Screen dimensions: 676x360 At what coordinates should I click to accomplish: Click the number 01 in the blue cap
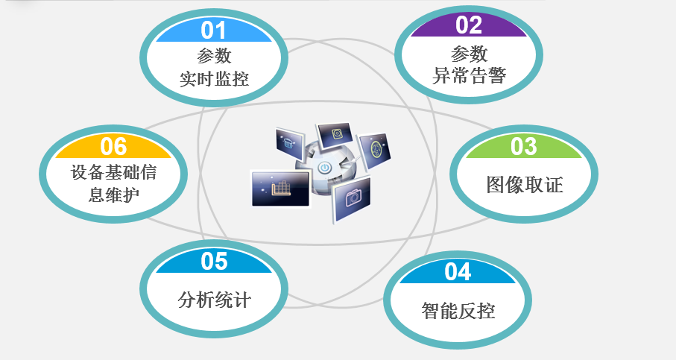tap(213, 31)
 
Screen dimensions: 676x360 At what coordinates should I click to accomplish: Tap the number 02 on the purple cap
tap(469, 25)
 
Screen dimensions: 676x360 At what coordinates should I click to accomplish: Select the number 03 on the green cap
tap(524, 147)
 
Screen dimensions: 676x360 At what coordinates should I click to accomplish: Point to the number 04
tap(458, 272)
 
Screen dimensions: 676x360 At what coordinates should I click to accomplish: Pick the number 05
tap(214, 262)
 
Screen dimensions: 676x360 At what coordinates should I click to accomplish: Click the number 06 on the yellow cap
tap(113, 147)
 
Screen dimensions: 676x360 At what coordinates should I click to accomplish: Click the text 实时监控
tap(214, 79)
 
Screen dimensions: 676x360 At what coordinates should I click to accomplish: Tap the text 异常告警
tap(469, 76)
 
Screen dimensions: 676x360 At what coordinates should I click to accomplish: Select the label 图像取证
tap(525, 185)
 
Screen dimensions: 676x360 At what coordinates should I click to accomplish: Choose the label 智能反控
tap(458, 310)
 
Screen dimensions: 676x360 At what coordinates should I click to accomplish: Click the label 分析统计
tap(214, 300)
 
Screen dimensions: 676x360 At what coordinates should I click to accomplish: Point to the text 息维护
tap(114, 195)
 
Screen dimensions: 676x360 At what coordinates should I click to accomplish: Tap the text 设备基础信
tap(113, 172)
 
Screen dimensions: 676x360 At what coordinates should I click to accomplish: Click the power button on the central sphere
tap(325, 168)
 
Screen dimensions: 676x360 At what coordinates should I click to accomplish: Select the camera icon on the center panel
tap(353, 198)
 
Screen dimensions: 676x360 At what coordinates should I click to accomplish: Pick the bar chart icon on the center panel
tap(281, 189)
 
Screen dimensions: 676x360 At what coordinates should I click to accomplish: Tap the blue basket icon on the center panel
tap(288, 142)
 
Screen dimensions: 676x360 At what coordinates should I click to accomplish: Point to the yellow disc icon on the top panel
tap(337, 133)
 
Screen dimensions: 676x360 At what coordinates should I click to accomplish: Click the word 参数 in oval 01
tap(214, 56)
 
